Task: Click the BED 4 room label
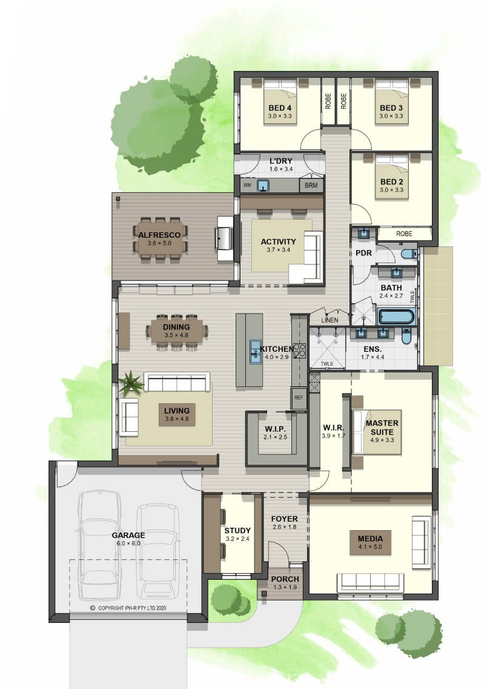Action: click(x=280, y=108)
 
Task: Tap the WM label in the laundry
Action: click(x=247, y=186)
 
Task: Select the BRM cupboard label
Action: click(x=311, y=186)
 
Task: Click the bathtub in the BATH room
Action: click(x=397, y=317)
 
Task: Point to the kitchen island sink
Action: click(x=256, y=352)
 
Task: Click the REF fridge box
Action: click(x=299, y=398)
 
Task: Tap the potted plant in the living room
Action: click(x=130, y=383)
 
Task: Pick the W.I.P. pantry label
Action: click(x=275, y=429)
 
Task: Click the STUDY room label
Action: click(x=237, y=530)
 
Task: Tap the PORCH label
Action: click(x=285, y=579)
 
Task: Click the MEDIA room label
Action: click(x=370, y=539)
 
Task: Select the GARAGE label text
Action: click(x=128, y=535)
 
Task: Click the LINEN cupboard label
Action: click(x=330, y=320)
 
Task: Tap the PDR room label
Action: click(x=363, y=253)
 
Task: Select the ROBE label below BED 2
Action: click(x=404, y=234)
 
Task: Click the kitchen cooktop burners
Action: click(x=299, y=350)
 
